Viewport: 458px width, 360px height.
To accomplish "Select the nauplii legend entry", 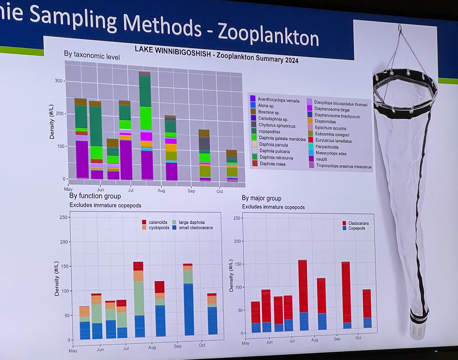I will (321, 159).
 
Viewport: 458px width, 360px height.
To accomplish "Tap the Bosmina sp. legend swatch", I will (253, 111).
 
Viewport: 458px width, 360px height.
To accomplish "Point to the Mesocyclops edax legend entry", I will (331, 153).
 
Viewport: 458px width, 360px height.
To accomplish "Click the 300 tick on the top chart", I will (59, 81).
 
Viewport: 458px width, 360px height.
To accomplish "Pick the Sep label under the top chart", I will (191, 191).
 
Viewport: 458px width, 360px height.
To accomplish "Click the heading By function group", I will (95, 196).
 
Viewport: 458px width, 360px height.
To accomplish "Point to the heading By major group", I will (261, 198).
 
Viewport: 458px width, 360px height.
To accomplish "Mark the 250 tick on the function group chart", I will (63, 217).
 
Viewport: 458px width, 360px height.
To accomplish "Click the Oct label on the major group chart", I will (358, 338).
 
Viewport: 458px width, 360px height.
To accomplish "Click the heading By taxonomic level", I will (92, 56).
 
